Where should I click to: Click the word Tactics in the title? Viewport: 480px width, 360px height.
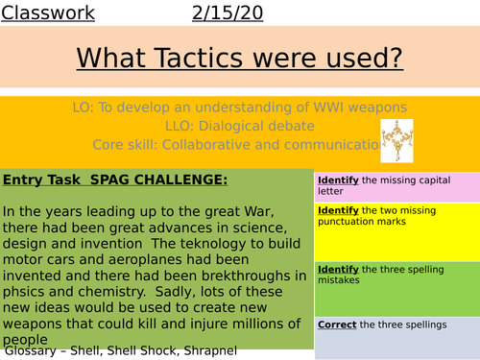(216, 58)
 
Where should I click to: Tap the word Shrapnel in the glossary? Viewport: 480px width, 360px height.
(204, 351)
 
